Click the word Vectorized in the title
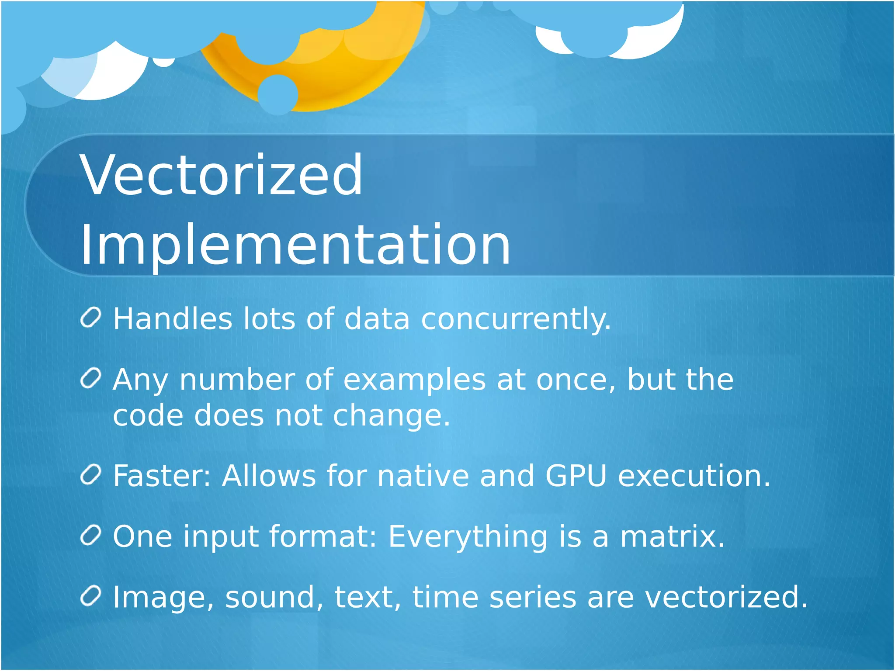(221, 175)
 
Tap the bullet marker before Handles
(91, 318)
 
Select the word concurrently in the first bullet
(516, 319)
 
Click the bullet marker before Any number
(91, 378)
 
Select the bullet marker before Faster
(91, 475)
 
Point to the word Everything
(468, 537)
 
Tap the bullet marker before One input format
(91, 535)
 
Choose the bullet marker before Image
(91, 596)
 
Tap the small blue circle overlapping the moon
(278, 94)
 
